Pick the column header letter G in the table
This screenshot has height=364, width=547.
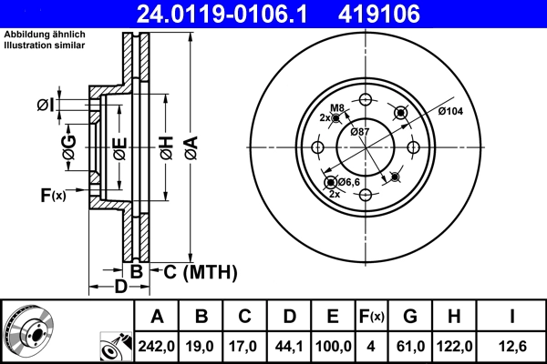pyautogui.click(x=410, y=317)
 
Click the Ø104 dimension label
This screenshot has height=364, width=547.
pyautogui.click(x=451, y=111)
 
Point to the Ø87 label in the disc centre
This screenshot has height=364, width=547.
pyautogui.click(x=360, y=133)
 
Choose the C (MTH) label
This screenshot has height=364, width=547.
pyautogui.click(x=200, y=271)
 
